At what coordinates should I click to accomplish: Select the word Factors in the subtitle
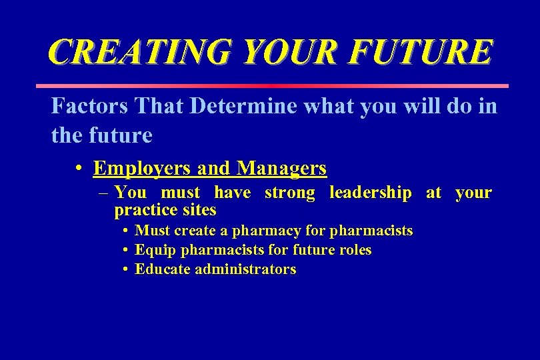pyautogui.click(x=89, y=106)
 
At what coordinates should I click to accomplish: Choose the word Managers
pyautogui.click(x=281, y=168)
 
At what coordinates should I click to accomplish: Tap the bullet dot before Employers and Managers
pyautogui.click(x=79, y=169)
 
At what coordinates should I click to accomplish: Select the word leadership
pyautogui.click(x=371, y=193)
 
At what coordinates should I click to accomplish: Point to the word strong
pyautogui.click(x=290, y=193)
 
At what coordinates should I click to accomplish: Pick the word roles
pyautogui.click(x=354, y=250)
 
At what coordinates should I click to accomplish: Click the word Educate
pyautogui.click(x=163, y=269)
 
